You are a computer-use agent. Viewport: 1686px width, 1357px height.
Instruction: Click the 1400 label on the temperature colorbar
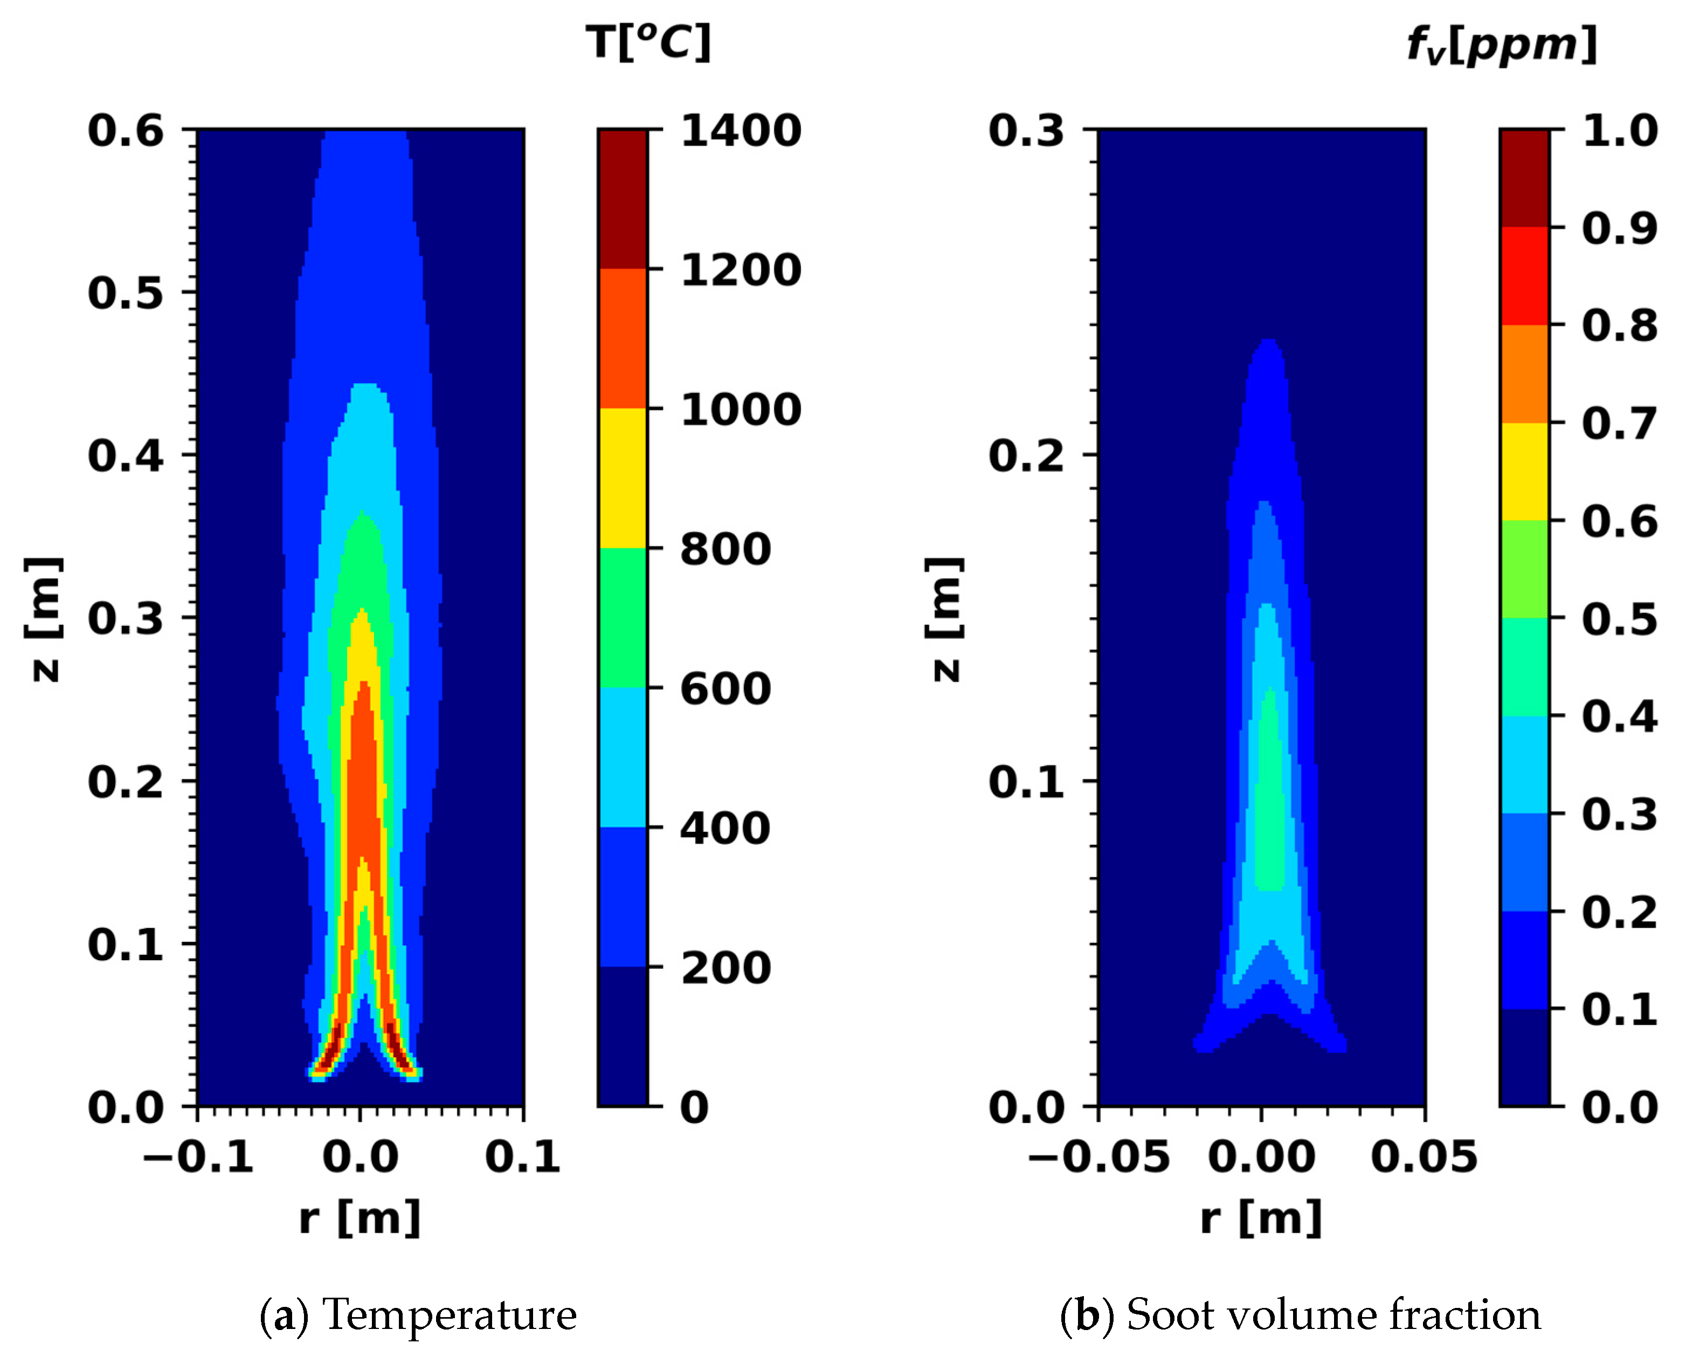tap(740, 130)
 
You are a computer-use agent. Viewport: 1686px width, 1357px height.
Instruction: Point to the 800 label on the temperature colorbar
tap(725, 549)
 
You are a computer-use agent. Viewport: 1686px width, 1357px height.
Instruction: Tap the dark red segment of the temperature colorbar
tap(623, 198)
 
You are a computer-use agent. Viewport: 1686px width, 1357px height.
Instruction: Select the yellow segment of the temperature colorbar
tap(623, 478)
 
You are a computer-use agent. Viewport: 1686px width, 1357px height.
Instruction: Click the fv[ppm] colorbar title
tap(1501, 45)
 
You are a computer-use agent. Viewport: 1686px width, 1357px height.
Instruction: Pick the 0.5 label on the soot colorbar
tap(1619, 619)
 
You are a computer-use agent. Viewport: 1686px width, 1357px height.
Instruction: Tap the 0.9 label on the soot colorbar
tap(1619, 229)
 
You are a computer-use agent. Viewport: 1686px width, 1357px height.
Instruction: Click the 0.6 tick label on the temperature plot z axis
tap(125, 130)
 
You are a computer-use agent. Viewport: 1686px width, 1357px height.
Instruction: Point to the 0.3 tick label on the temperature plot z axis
tap(125, 618)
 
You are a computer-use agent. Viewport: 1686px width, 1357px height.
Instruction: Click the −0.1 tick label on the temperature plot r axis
tap(198, 1156)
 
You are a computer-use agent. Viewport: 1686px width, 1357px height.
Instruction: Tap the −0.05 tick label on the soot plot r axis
tap(1098, 1156)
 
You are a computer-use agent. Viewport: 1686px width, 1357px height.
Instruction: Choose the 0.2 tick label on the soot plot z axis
tap(1026, 455)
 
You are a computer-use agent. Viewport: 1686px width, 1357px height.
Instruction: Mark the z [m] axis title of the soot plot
tap(944, 619)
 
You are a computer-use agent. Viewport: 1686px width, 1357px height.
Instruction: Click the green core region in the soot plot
tap(1270, 821)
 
